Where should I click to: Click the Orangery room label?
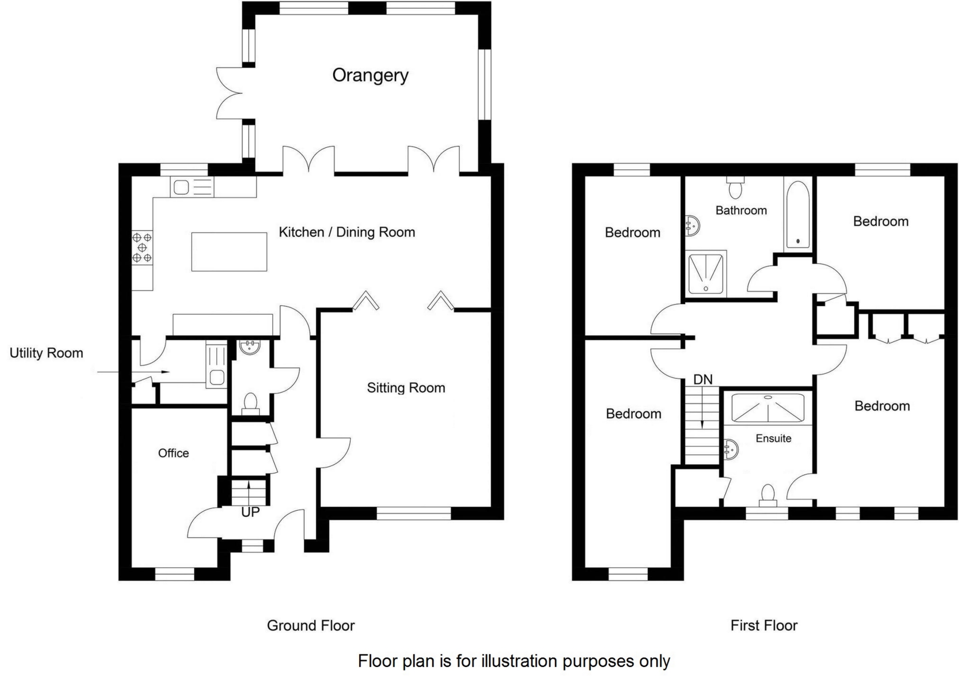[x=370, y=75]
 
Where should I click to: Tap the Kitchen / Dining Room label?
[x=347, y=232]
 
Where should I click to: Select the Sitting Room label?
[x=406, y=388]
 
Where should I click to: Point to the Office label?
[x=173, y=453]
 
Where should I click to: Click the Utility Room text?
[x=46, y=353]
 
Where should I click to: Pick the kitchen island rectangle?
[x=229, y=252]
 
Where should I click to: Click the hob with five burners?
[x=142, y=248]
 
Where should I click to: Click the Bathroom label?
[x=741, y=211]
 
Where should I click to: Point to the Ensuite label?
[x=773, y=439]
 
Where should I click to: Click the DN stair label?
[x=703, y=380]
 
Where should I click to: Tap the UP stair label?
[x=250, y=512]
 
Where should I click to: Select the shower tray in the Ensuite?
[x=768, y=408]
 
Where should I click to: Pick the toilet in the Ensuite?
[x=767, y=495]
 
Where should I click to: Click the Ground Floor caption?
[x=311, y=626]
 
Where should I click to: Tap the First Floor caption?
[x=764, y=626]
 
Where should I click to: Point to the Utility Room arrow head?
[x=166, y=372]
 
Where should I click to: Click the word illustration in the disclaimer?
[x=519, y=662]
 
